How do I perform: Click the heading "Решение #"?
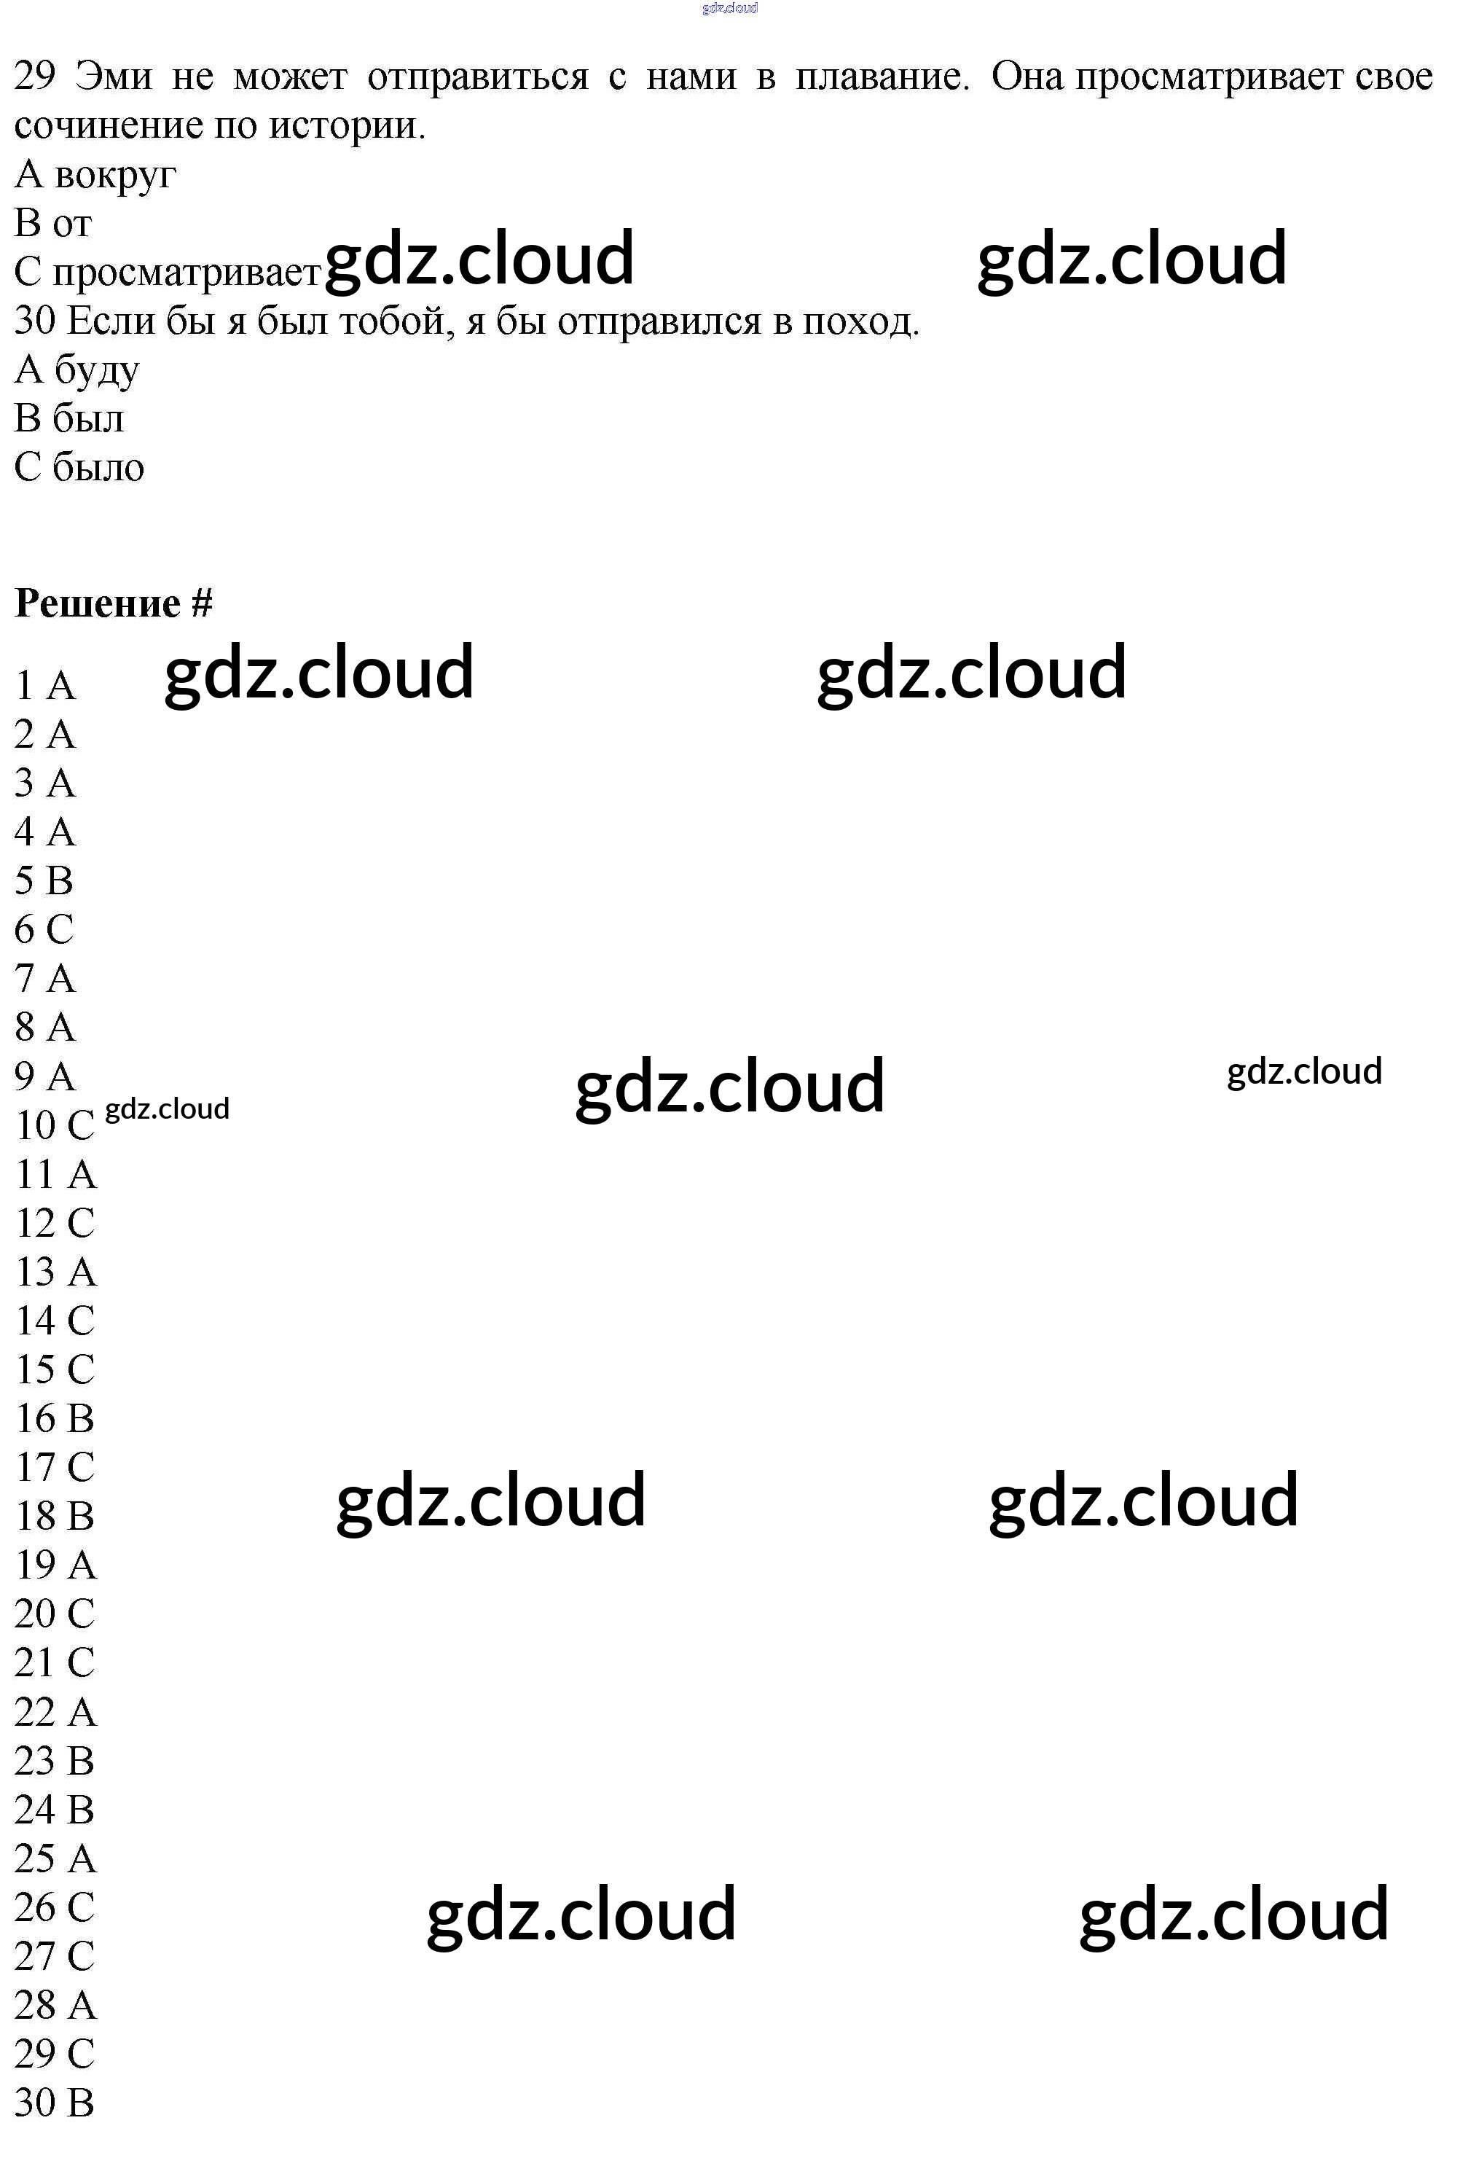(x=114, y=603)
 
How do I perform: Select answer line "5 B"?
(x=44, y=880)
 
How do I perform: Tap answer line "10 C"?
(x=55, y=1125)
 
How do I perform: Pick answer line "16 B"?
(x=55, y=1418)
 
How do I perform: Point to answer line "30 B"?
(x=55, y=2102)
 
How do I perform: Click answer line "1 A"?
(x=44, y=685)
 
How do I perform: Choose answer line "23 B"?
(x=55, y=1760)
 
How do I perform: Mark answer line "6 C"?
(x=44, y=928)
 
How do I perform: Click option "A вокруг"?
(x=95, y=174)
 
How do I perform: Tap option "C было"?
(x=79, y=466)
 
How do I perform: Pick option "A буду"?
(x=77, y=370)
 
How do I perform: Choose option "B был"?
(x=69, y=418)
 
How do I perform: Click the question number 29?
(x=34, y=75)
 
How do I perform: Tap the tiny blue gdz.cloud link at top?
(x=730, y=7)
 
